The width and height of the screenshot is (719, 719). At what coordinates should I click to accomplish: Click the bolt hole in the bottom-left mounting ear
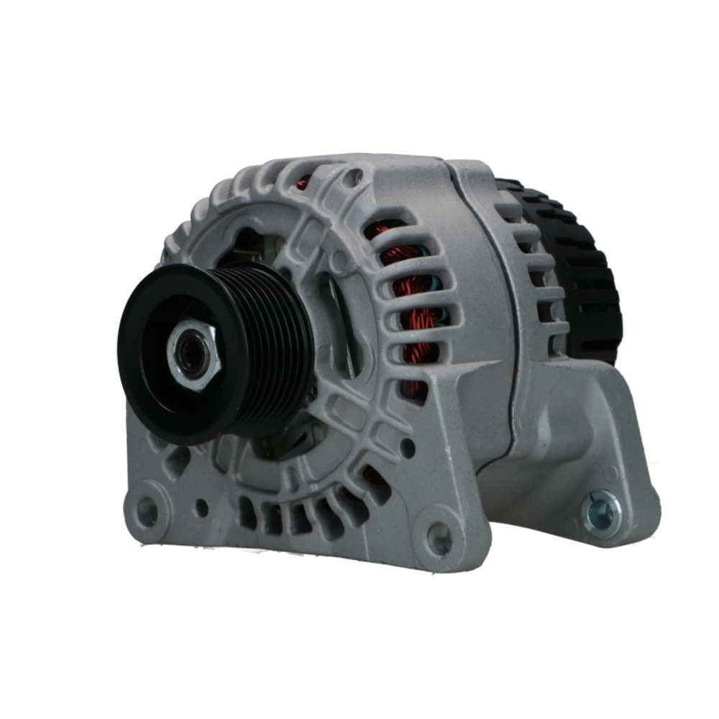[148, 512]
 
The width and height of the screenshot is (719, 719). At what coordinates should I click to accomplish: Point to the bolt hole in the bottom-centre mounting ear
[439, 537]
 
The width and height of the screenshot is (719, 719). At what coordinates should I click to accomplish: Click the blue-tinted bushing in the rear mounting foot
[602, 513]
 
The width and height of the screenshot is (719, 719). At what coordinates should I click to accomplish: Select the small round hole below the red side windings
[408, 447]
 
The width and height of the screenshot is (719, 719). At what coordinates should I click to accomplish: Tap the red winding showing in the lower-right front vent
[372, 476]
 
